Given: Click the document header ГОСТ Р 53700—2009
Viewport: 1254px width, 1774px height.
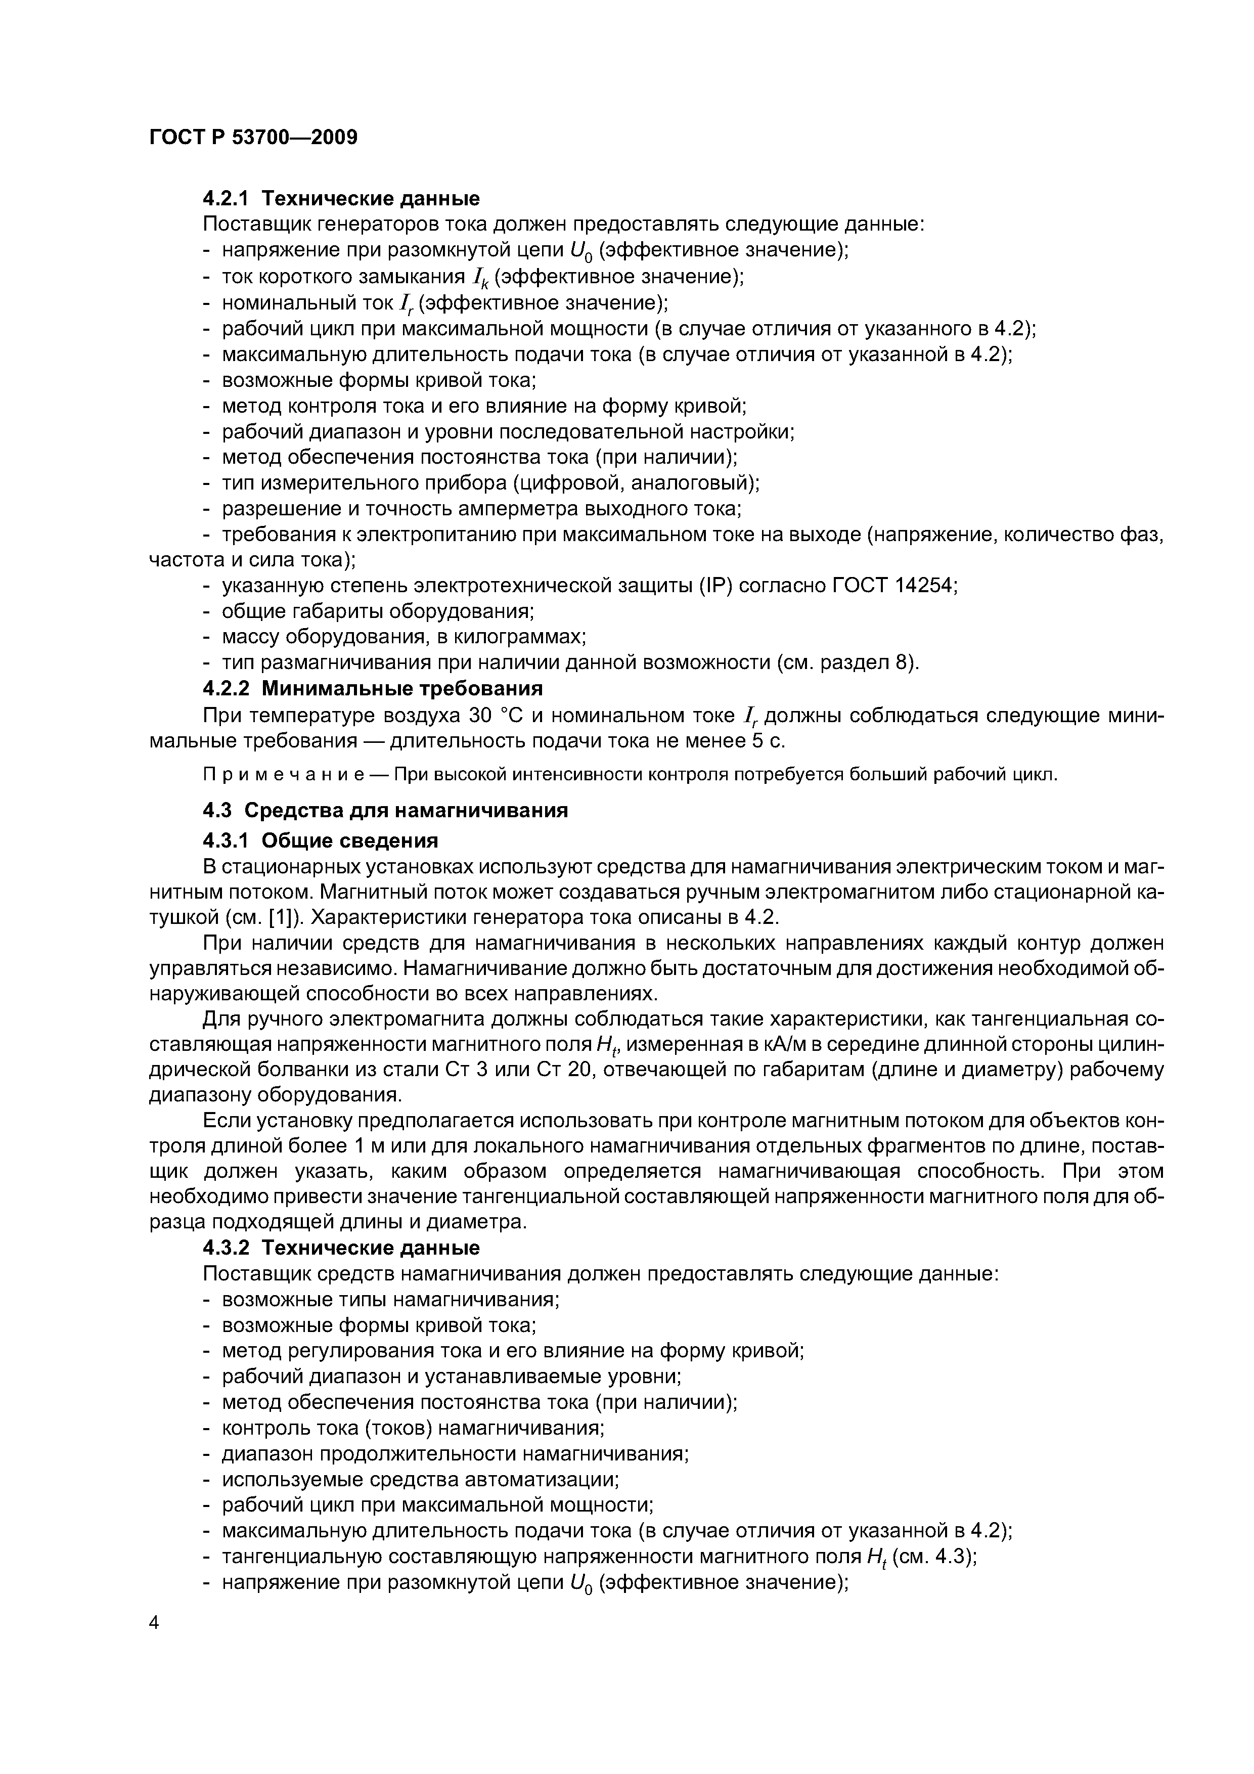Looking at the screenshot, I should (253, 138).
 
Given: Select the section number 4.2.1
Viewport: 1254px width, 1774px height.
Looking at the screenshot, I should (226, 199).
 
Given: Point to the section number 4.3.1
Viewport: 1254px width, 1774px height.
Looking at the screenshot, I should (226, 840).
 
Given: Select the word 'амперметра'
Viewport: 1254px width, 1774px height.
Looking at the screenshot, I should (532, 508).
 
